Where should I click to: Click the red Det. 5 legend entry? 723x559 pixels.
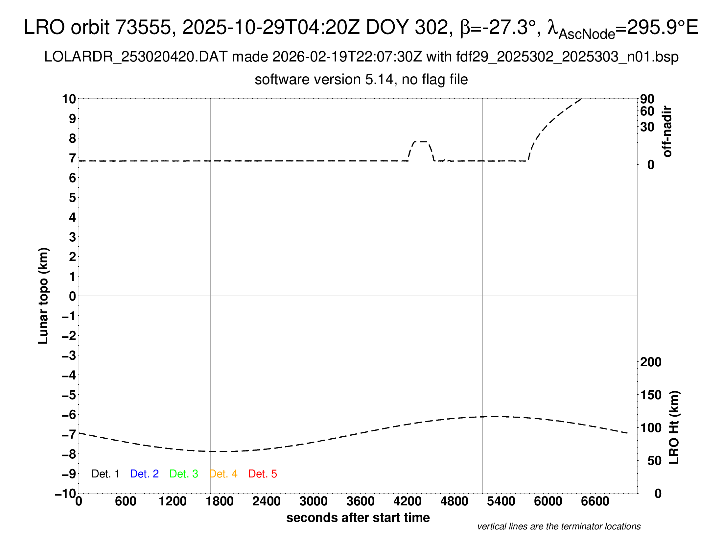point(263,474)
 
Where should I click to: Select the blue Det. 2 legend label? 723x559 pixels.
point(144,474)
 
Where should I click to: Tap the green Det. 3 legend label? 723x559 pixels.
point(184,474)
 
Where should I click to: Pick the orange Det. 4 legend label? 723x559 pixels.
point(223,474)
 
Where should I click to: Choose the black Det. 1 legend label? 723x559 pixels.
point(105,474)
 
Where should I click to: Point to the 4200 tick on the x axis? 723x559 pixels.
point(407,501)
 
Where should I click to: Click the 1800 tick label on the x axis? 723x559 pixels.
point(220,501)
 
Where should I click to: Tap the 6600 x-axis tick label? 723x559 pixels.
point(595,501)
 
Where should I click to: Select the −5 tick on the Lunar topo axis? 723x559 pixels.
point(69,395)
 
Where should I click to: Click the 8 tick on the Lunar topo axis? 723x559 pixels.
point(72,138)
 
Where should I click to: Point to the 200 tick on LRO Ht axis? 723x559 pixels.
point(651,362)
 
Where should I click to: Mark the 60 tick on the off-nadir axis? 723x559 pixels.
point(647,111)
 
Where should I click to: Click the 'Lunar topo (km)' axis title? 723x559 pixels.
point(43,296)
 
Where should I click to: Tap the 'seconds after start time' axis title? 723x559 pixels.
point(358,518)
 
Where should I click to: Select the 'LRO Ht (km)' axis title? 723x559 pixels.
point(674,427)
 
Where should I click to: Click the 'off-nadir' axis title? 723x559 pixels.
point(667,132)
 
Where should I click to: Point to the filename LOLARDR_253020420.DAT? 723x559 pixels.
point(135,57)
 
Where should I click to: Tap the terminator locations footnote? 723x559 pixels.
point(559,526)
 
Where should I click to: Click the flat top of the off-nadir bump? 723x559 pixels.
point(421,142)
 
